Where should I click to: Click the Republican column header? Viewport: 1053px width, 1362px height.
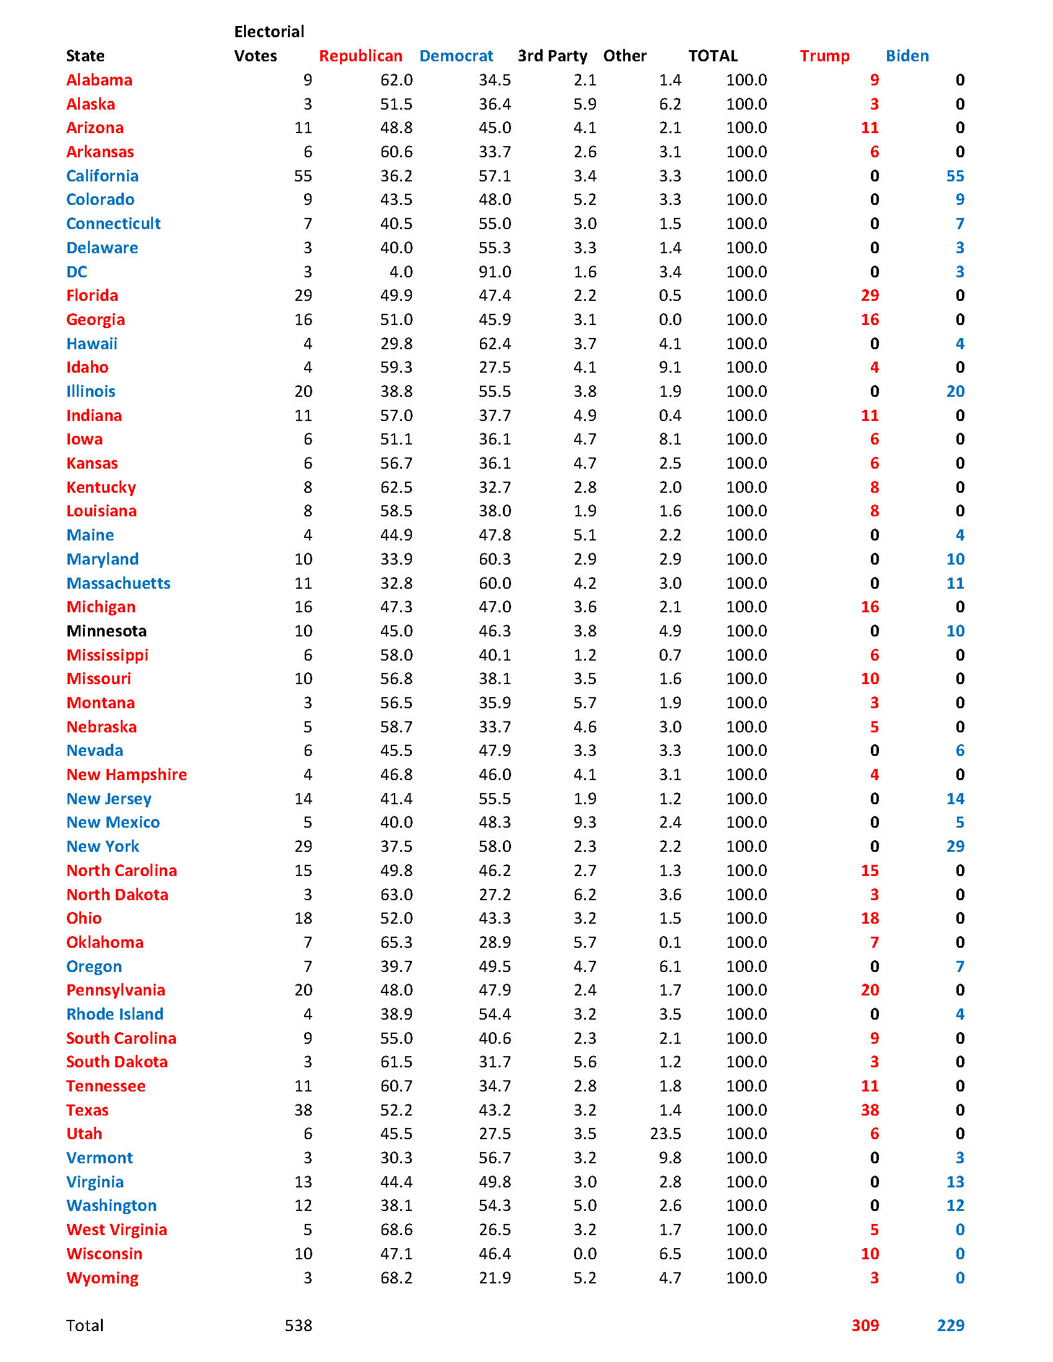pyautogui.click(x=360, y=56)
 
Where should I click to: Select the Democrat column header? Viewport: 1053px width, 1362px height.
pyautogui.click(x=456, y=56)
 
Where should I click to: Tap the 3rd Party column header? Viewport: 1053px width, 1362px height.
pyautogui.click(x=552, y=56)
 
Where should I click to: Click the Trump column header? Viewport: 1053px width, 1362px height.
pyautogui.click(x=824, y=56)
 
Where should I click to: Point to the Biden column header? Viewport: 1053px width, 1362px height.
pyautogui.click(x=907, y=56)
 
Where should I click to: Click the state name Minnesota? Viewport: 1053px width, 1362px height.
pyautogui.click(x=106, y=631)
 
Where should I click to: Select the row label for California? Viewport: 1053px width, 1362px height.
pyautogui.click(x=102, y=176)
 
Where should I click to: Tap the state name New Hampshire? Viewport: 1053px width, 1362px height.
pyautogui.click(x=126, y=774)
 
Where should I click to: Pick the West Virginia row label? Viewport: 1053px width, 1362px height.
pyautogui.click(x=116, y=1230)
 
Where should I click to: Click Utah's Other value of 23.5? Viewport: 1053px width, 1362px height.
pyautogui.click(x=666, y=1134)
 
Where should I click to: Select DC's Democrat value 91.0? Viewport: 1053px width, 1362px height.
pyautogui.click(x=495, y=272)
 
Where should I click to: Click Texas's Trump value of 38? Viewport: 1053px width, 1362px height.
pyautogui.click(x=870, y=1110)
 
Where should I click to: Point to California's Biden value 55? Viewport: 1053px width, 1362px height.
pyautogui.click(x=955, y=176)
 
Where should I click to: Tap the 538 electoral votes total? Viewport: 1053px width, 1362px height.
pyautogui.click(x=298, y=1326)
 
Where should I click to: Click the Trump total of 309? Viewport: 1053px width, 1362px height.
pyautogui.click(x=865, y=1326)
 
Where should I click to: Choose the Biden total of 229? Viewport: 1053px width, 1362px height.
pyautogui.click(x=951, y=1326)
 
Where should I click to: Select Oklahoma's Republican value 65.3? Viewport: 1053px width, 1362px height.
pyautogui.click(x=396, y=942)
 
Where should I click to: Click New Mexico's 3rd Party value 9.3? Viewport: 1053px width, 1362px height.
pyautogui.click(x=585, y=823)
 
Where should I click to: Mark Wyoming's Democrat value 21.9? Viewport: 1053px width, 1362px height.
pyautogui.click(x=495, y=1278)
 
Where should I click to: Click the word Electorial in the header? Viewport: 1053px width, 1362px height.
pyautogui.click(x=269, y=32)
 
